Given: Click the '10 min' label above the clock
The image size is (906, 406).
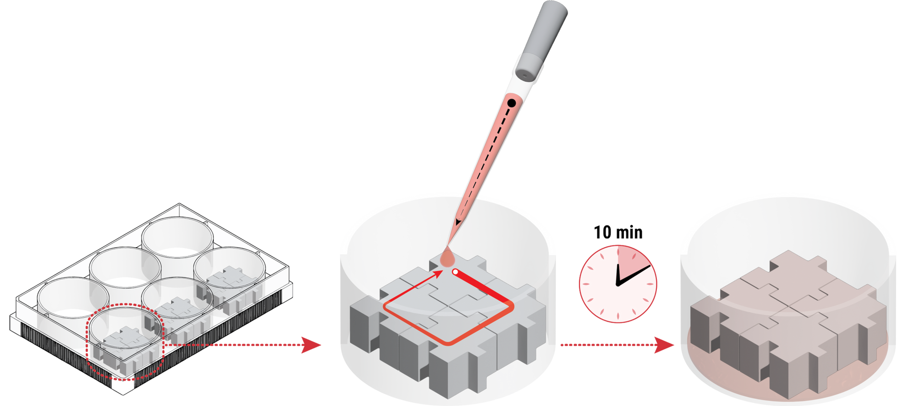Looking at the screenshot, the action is click(x=618, y=232).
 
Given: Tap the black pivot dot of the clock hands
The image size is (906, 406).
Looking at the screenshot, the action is click(x=618, y=284).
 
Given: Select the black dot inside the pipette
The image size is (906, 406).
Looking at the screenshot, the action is click(x=512, y=103).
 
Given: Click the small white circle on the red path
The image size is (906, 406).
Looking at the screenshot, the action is click(x=455, y=272).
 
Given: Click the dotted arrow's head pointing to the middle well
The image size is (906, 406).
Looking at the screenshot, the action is click(x=311, y=345).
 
